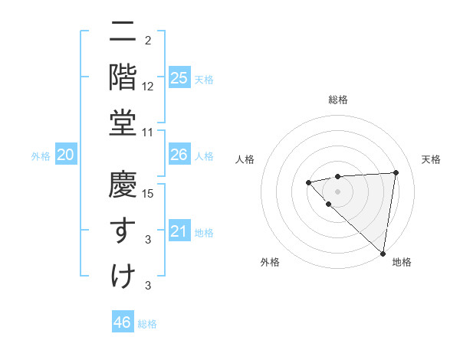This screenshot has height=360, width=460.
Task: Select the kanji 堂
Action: click(x=123, y=123)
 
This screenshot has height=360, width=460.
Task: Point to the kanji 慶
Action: click(x=123, y=185)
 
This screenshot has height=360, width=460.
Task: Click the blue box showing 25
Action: click(x=179, y=77)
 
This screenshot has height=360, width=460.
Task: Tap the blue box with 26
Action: click(x=179, y=155)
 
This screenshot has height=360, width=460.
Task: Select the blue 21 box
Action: click(x=179, y=231)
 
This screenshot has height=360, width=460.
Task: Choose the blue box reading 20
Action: click(x=66, y=155)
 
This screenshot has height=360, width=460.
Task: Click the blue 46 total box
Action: click(x=123, y=322)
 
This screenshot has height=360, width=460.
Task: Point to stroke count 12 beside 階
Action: click(x=148, y=87)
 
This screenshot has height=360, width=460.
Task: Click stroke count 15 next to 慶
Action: click(x=148, y=194)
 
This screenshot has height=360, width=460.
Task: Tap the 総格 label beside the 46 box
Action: click(x=147, y=324)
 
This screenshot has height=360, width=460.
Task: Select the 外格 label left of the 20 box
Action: click(x=41, y=156)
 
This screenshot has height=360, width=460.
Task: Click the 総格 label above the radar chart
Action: click(x=337, y=100)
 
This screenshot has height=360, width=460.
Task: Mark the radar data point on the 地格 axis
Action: click(x=383, y=253)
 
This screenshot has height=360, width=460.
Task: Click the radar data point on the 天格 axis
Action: click(x=396, y=172)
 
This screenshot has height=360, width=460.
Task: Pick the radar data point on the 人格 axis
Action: click(x=307, y=182)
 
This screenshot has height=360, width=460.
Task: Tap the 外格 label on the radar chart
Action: click(x=270, y=262)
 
